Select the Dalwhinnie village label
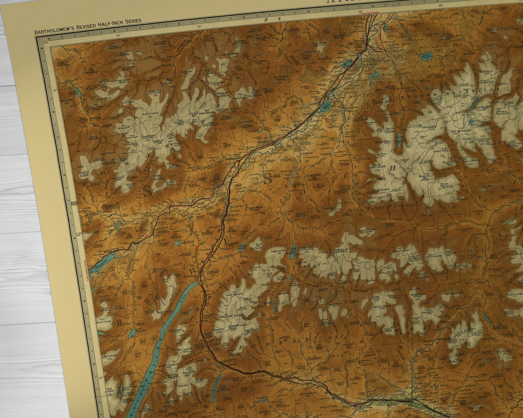pyautogui.click(x=190, y=276)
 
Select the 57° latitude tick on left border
pyautogui.click(x=79, y=234)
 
